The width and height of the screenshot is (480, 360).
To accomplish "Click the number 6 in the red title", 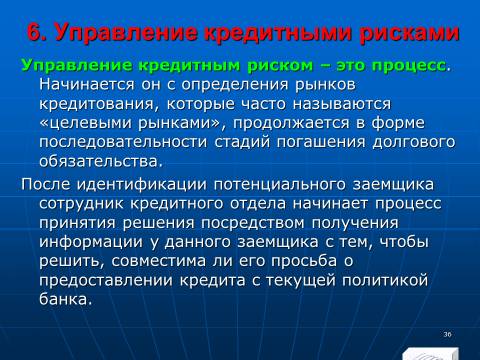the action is [x=35, y=33].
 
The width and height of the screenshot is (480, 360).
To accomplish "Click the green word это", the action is [x=351, y=66].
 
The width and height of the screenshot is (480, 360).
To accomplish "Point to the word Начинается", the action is [x=87, y=85].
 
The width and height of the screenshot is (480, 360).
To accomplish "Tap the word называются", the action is [x=342, y=104].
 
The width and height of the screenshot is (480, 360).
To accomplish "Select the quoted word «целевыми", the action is [x=85, y=124].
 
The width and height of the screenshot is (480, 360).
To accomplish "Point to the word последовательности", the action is [x=123, y=143].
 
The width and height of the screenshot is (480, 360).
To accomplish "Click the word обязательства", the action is [x=101, y=162].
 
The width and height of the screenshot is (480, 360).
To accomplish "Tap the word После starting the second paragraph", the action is [x=46, y=184].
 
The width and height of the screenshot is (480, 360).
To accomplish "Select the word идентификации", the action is [x=142, y=185].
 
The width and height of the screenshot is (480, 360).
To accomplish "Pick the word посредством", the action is [x=252, y=224].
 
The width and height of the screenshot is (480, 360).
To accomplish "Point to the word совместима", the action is [x=158, y=262].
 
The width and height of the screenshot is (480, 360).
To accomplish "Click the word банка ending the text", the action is [x=65, y=299].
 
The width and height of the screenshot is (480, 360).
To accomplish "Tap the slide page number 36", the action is [x=447, y=334].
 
